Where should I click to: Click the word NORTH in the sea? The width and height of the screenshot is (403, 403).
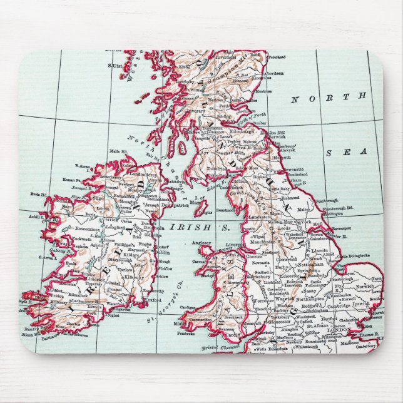[329, 98]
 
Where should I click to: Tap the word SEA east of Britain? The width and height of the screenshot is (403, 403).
[353, 153]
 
